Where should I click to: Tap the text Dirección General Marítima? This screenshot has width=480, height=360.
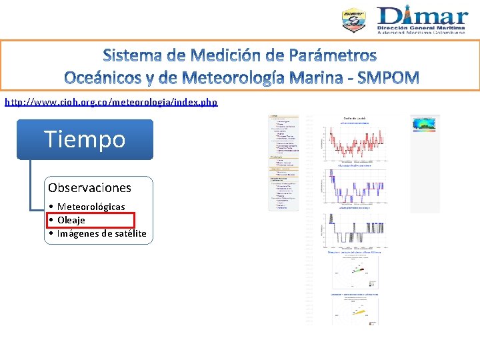[423, 26]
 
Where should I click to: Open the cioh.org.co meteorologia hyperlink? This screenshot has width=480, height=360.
[111, 102]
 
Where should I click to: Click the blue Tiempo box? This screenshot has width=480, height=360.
[85, 139]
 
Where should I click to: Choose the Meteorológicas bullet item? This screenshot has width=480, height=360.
[91, 207]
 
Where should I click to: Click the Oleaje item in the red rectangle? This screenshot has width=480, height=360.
[71, 220]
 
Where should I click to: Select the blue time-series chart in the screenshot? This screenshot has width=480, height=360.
[353, 188]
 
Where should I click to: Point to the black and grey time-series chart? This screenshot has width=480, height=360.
[353, 231]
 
